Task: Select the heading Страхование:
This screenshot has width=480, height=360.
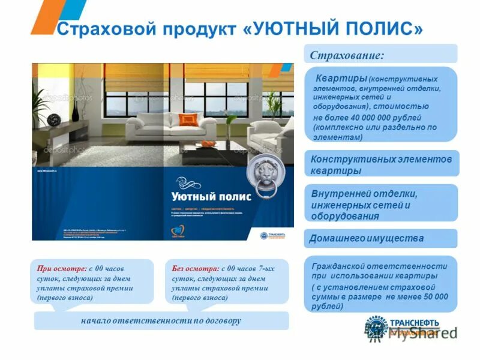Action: coord(347,55)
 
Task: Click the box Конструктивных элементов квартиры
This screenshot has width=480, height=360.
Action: coord(381,164)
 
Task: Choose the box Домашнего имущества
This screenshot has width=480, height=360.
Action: coord(367,238)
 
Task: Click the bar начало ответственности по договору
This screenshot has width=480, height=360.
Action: coord(161,321)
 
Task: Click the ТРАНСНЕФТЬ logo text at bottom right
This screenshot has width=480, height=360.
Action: coord(416,322)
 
